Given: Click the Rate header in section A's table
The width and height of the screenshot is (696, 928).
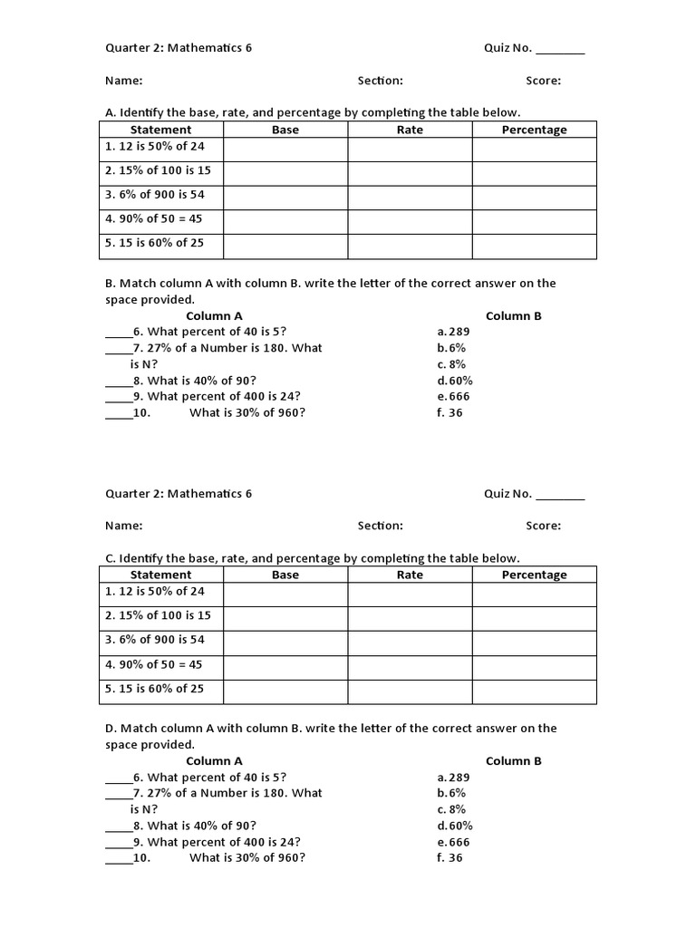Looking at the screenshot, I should click(410, 130).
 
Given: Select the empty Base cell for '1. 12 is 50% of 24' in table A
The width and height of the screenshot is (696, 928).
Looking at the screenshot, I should click(285, 149).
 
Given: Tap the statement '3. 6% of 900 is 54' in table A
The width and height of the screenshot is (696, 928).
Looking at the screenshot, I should click(154, 194).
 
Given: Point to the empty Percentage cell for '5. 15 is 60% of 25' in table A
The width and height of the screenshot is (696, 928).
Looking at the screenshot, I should click(534, 246).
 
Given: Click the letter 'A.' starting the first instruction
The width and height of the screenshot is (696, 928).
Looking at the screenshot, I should click(111, 112).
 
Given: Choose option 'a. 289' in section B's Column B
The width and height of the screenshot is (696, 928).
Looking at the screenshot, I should click(453, 332).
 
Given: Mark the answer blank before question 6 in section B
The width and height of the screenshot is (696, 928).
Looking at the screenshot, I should click(118, 333).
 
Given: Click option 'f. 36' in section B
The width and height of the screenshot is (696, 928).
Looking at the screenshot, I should click(449, 413).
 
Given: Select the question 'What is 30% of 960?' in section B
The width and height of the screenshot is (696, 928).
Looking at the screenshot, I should click(247, 413).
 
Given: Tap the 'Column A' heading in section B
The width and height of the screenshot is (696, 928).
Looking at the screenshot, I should click(214, 316).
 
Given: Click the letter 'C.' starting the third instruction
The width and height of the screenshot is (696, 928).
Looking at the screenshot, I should click(111, 558).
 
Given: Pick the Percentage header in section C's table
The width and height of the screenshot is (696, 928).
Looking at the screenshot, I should click(534, 575).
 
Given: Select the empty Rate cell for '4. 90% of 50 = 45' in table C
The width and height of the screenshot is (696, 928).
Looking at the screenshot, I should click(410, 667).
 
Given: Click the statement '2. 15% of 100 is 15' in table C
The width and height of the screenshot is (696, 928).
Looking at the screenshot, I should click(158, 615).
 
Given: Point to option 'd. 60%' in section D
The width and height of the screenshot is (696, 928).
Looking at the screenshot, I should click(455, 826).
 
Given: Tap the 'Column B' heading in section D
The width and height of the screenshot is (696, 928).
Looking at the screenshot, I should click(513, 761).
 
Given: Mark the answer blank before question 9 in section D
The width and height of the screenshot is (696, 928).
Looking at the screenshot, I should click(118, 843).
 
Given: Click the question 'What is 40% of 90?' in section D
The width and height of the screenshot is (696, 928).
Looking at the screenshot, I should click(201, 826).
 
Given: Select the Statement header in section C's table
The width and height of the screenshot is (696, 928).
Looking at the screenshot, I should click(161, 575).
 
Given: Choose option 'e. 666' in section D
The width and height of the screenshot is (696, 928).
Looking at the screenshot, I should click(453, 842).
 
